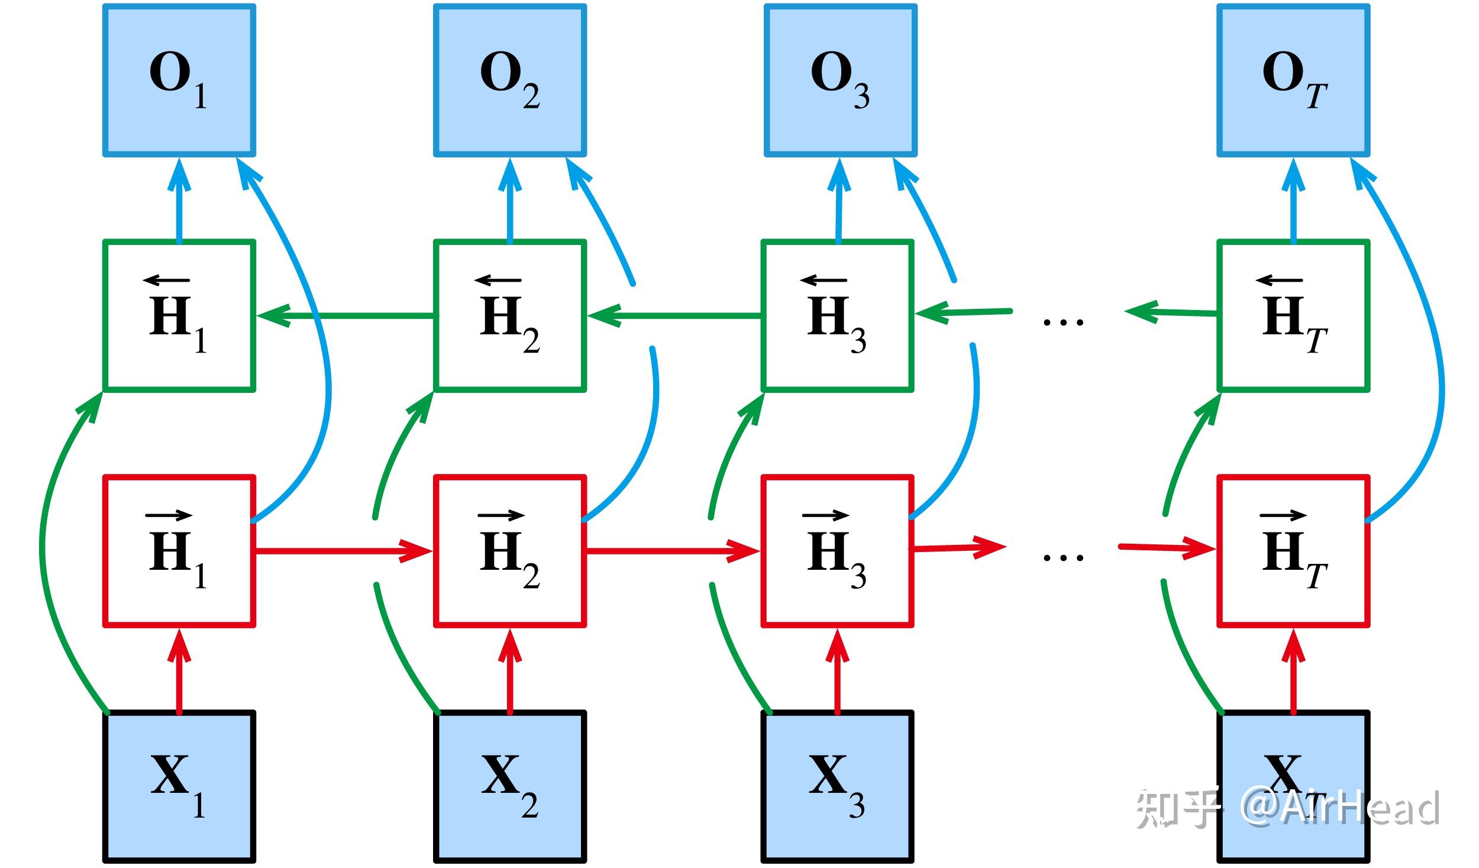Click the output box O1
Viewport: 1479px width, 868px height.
179,80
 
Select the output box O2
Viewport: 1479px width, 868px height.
510,80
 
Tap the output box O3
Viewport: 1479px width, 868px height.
841,80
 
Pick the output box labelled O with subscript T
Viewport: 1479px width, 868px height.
1293,80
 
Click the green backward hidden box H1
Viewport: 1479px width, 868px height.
179,315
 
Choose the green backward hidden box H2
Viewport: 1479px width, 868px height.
510,315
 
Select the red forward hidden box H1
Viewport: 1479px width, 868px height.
179,551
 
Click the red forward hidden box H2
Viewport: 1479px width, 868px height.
510,551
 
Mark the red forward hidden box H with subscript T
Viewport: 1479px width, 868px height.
1293,551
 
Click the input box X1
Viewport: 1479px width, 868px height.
179,786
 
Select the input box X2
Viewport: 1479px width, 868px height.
510,786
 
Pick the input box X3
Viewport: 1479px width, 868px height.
837,786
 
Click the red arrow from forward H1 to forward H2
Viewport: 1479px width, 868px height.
343,551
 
